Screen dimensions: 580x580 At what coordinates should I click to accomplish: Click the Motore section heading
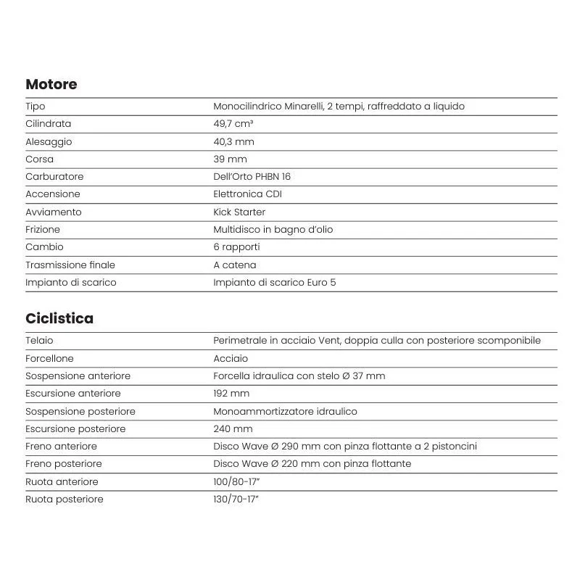pos(51,84)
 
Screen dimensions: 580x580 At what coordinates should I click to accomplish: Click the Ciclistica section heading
pos(59,318)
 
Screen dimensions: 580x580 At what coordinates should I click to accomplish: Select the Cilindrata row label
pos(48,124)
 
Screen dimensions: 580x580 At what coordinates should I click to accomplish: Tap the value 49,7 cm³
pos(233,124)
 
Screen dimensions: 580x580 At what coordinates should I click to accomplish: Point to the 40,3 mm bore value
pos(233,141)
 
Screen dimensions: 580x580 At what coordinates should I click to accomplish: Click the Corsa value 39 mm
pos(230,159)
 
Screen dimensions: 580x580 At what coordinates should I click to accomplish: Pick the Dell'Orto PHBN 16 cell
pos(252,176)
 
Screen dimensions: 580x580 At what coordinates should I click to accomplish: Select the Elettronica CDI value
pos(247,194)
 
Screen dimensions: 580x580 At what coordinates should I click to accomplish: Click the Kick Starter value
pos(239,212)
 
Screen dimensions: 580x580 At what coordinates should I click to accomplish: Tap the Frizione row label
pos(43,229)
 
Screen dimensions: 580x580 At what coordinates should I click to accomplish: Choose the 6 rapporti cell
pos(236,247)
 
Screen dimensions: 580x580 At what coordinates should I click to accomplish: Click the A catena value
pos(234,265)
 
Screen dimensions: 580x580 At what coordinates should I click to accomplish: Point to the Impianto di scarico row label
pos(70,282)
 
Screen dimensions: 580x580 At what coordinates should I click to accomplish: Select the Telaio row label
pos(39,340)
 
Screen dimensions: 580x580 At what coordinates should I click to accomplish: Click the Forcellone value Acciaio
pos(231,358)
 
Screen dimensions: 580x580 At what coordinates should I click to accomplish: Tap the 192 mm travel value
pos(231,393)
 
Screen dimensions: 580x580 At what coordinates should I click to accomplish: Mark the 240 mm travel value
pos(233,428)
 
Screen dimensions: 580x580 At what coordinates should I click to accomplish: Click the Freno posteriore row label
pos(63,463)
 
